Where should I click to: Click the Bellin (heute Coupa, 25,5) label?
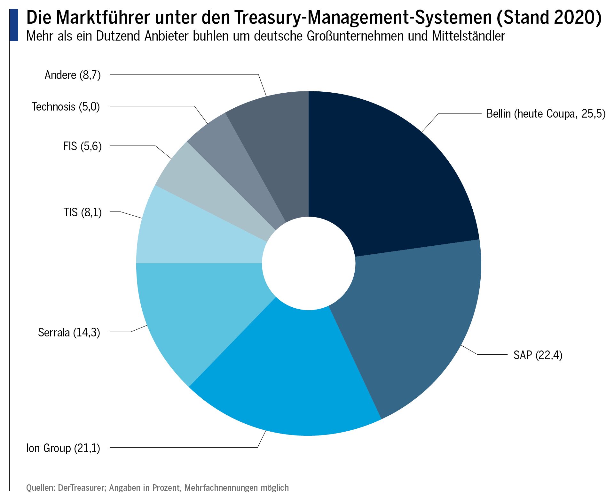[x=546, y=114]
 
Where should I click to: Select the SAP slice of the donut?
[x=413, y=319]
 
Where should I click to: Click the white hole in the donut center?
[x=309, y=263]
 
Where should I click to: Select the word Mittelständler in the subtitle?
[x=468, y=36]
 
